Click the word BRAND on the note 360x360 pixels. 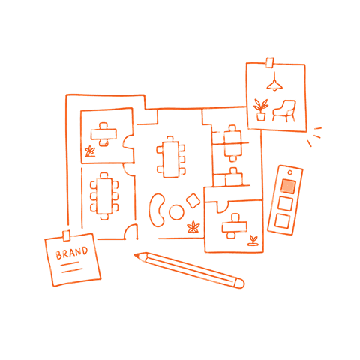pyautogui.click(x=72, y=253)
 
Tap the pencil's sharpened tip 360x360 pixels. pyautogui.click(x=135, y=255)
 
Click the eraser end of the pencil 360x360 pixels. pyautogui.click(x=240, y=283)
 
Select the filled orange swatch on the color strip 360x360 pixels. pyautogui.click(x=288, y=186)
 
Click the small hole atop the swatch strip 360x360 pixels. pyautogui.click(x=290, y=172)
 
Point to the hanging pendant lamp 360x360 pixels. pyautogui.click(x=274, y=82)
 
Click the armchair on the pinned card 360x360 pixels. pyautogui.click(x=284, y=111)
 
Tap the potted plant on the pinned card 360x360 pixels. pyautogui.click(x=260, y=110)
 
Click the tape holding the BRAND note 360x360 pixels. pyautogui.click(x=67, y=235)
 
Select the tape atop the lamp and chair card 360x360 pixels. pyautogui.click(x=270, y=62)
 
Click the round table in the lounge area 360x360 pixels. pyautogui.click(x=176, y=212)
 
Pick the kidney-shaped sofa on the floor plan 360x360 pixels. pyautogui.click(x=157, y=210)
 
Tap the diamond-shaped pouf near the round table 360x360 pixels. pyautogui.click(x=193, y=200)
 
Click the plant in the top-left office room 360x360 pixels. pyautogui.click(x=90, y=151)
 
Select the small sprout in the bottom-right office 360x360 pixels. pyautogui.click(x=253, y=241)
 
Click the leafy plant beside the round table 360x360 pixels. pyautogui.click(x=193, y=227)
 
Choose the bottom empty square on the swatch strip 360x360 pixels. pyautogui.click(x=282, y=221)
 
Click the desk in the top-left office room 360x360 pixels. pyautogui.click(x=103, y=134)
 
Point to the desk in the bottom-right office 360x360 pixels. pyautogui.click(x=234, y=226)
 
